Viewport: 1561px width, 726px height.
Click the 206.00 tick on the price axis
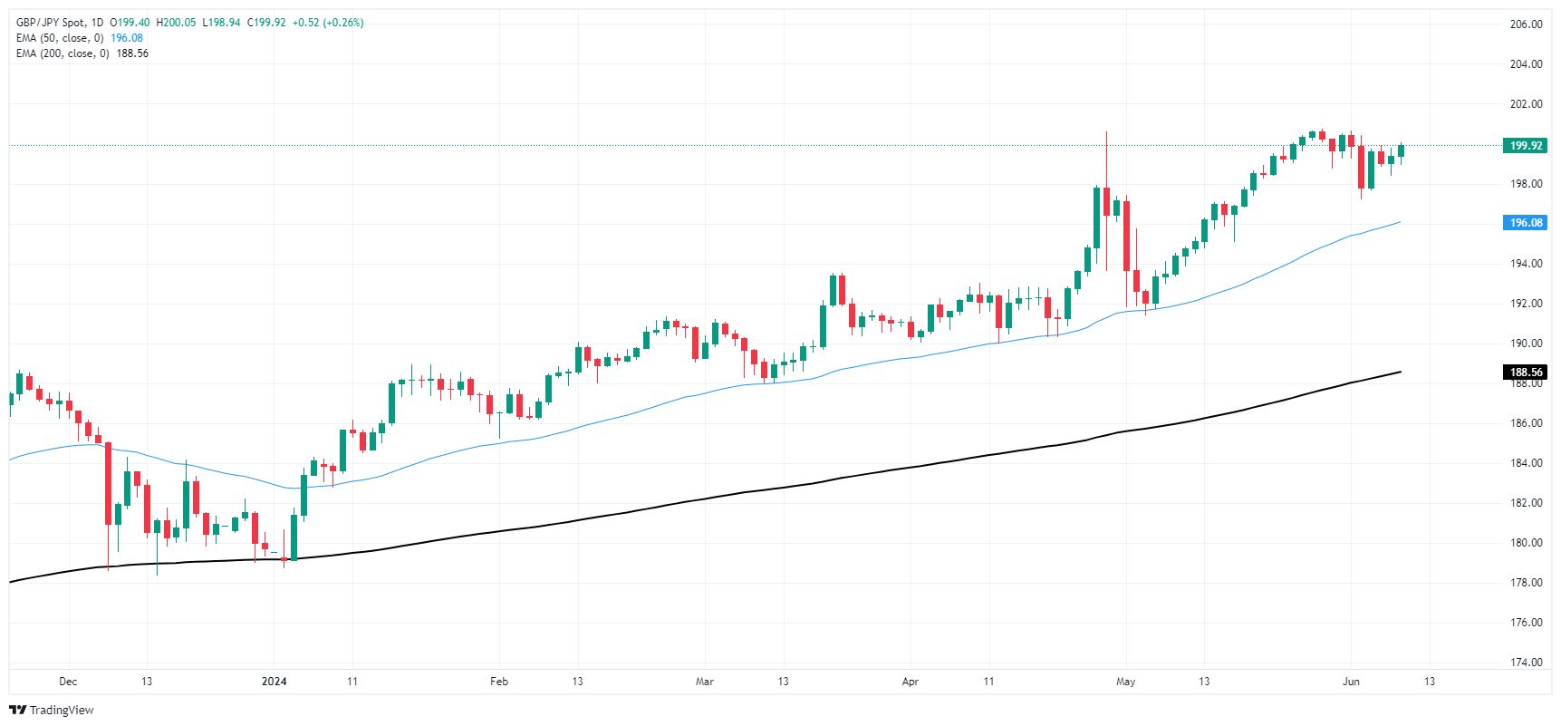(x=1526, y=24)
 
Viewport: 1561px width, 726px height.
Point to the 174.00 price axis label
(x=1526, y=663)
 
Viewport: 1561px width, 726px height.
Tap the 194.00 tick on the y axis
(x=1526, y=264)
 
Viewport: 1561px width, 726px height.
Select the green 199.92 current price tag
(x=1526, y=146)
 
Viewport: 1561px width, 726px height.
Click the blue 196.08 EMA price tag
(x=1526, y=223)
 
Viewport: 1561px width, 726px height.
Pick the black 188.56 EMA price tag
(x=1526, y=373)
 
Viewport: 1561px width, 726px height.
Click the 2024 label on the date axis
(x=274, y=682)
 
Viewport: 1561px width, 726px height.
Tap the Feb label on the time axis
(x=498, y=682)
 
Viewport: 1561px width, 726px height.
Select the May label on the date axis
(x=1125, y=682)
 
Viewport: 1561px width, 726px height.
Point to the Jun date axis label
(x=1351, y=682)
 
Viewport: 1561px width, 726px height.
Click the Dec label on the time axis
(x=68, y=682)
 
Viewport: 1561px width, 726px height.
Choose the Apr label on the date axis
(x=911, y=682)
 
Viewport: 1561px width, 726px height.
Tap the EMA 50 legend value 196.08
(x=127, y=38)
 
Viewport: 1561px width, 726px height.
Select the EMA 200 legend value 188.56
(x=132, y=53)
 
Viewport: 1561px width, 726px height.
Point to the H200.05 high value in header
(x=176, y=23)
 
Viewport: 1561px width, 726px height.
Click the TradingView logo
(x=52, y=710)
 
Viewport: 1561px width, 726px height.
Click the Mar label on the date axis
(x=704, y=682)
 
